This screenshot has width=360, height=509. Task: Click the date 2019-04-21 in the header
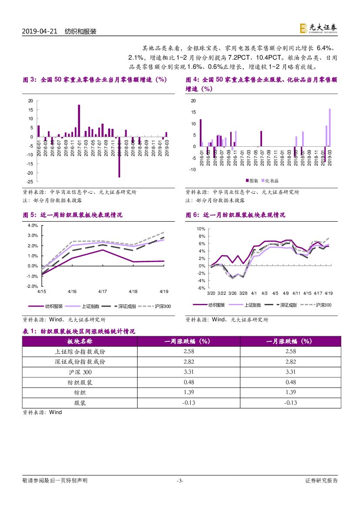tap(40, 32)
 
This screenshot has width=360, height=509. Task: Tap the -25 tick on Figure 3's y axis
tap(30, 173)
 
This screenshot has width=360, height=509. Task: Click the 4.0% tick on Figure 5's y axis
tap(33, 226)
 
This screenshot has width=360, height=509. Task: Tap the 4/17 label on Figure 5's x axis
tap(103, 292)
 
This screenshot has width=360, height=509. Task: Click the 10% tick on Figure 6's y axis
tap(200, 229)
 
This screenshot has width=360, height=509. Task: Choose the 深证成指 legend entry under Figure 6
tap(285, 305)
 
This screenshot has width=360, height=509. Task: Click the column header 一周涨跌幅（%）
tap(188, 341)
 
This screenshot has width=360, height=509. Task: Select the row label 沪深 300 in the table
tap(80, 372)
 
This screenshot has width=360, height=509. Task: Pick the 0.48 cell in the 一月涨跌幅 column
tap(290, 382)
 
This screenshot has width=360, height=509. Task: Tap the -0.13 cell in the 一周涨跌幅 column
tap(188, 403)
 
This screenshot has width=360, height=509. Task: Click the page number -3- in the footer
tap(180, 481)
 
